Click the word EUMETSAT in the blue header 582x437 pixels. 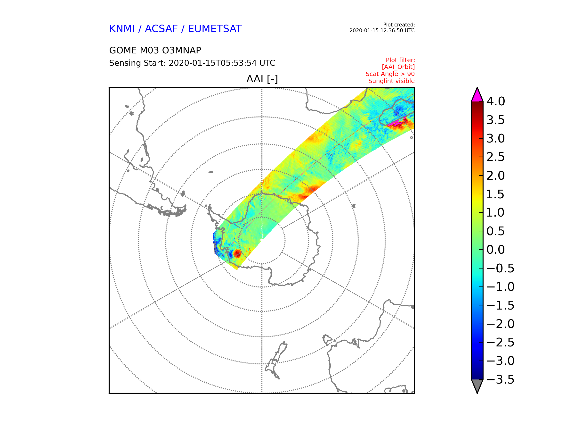[215, 29]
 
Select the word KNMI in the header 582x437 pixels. [122, 29]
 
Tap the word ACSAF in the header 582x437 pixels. [161, 29]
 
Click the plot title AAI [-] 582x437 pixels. [262, 79]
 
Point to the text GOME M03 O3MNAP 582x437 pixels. [155, 50]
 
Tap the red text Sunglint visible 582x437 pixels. [391, 81]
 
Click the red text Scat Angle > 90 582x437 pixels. [390, 74]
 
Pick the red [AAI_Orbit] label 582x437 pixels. [398, 67]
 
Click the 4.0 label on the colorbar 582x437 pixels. [496, 101]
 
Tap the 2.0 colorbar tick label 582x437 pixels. [496, 176]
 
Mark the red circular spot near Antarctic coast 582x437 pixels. [237, 253]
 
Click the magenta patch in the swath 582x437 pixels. [395, 123]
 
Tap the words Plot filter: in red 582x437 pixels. [400, 60]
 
